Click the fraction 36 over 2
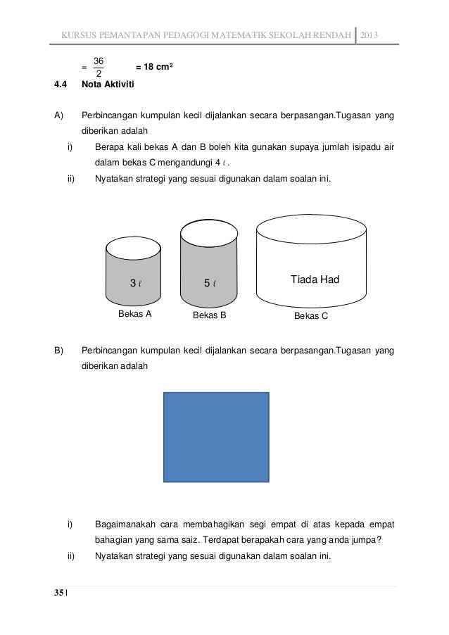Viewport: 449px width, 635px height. click(x=99, y=67)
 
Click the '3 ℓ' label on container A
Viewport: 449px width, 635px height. click(x=137, y=284)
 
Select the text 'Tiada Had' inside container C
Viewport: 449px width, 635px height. click(x=315, y=280)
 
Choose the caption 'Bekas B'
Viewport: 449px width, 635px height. click(x=209, y=315)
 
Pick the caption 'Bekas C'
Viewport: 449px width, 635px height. click(x=310, y=315)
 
